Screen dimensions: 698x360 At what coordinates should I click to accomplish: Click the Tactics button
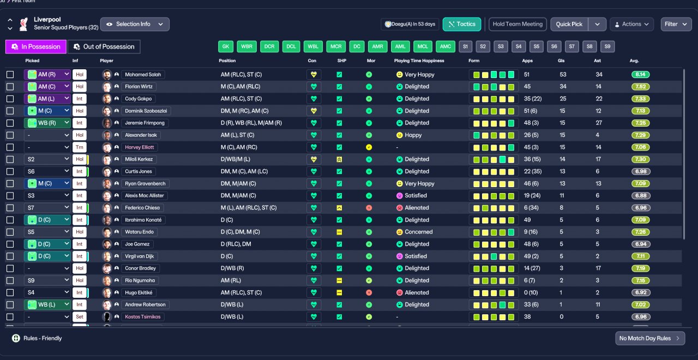[x=461, y=25]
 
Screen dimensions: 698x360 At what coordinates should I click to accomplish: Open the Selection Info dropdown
[x=135, y=25]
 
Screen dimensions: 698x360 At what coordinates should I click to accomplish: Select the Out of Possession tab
[x=104, y=47]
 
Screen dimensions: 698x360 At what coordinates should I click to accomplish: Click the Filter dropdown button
[x=676, y=25]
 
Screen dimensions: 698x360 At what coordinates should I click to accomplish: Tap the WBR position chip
[x=246, y=47]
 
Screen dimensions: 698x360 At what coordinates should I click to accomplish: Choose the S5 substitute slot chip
[x=536, y=47]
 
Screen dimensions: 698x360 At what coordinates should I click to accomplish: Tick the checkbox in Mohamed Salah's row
[x=10, y=75]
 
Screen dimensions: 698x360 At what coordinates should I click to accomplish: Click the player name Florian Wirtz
[x=139, y=87]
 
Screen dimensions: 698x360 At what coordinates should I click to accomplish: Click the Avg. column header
[x=634, y=61]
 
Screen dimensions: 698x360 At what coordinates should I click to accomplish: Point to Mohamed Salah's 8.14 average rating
[x=640, y=75]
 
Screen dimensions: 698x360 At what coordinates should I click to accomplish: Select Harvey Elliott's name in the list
[x=139, y=147]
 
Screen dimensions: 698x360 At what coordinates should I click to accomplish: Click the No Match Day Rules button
[x=650, y=339]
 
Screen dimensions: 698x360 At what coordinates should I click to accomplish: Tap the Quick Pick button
[x=569, y=25]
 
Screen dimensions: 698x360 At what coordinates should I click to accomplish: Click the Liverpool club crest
[x=23, y=24]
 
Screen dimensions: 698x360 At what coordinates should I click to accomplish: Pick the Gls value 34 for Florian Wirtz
[x=563, y=87]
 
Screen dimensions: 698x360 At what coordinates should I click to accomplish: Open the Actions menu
[x=631, y=25]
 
